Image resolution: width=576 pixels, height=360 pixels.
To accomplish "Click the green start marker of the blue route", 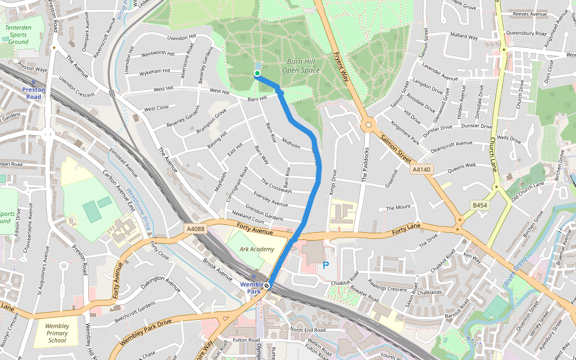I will pyautogui.click(x=257, y=74).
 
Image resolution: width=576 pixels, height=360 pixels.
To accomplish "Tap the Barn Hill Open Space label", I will pyautogui.click(x=302, y=66).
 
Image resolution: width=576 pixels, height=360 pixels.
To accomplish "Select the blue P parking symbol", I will pyautogui.click(x=326, y=265).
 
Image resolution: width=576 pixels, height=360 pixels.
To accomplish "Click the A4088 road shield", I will pyautogui.click(x=196, y=229).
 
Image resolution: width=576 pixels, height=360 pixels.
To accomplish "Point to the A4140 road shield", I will pyautogui.click(x=422, y=170).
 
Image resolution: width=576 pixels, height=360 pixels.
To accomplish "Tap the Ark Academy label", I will pyautogui.click(x=257, y=249).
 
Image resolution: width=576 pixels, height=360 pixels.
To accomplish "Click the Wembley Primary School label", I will pyautogui.click(x=57, y=333).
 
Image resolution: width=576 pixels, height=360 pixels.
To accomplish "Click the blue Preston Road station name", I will pyautogui.click(x=34, y=93).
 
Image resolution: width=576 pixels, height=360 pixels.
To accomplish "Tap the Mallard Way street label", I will pyautogui.click(x=464, y=37).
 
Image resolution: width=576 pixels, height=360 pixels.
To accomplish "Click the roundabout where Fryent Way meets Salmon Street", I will pyautogui.click(x=368, y=125).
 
